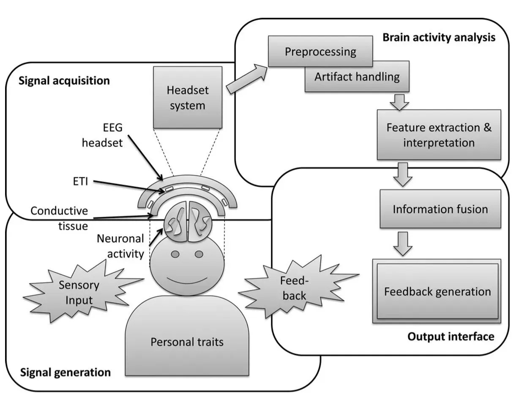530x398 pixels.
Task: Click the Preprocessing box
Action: (x=320, y=51)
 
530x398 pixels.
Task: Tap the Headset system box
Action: (x=187, y=97)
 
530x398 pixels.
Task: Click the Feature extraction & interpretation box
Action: (x=439, y=135)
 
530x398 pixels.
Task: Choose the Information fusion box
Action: (x=440, y=209)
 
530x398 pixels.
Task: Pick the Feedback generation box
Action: (x=437, y=291)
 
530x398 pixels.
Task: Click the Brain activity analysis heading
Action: (x=439, y=38)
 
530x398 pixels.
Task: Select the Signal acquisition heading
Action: (x=64, y=80)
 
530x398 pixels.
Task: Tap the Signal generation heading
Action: (x=66, y=372)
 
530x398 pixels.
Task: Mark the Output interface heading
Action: (x=451, y=337)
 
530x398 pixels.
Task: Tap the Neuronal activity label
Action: (x=120, y=246)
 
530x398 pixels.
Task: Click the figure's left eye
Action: (x=175, y=254)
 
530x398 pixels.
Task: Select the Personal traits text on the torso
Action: (x=187, y=341)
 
